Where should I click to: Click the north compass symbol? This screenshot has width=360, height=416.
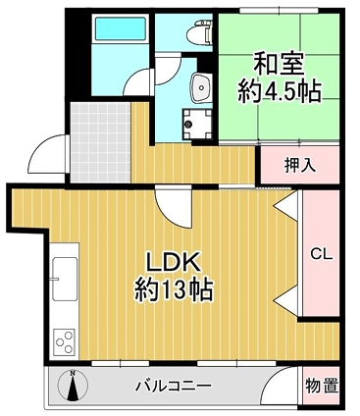click(73, 387)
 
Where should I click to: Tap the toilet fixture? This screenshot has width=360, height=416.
click(200, 31)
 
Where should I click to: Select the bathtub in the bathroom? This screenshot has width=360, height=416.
click(120, 28)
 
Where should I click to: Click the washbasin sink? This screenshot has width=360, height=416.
click(201, 87)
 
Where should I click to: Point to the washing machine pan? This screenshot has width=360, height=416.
click(197, 125)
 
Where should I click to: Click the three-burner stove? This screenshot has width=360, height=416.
click(65, 341)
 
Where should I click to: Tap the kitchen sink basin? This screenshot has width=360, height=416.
click(65, 279)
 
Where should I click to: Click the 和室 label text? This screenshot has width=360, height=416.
click(279, 65)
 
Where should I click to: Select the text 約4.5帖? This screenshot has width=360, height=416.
click(279, 91)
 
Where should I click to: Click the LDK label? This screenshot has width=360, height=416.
click(173, 263)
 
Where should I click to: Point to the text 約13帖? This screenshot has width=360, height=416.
click(174, 289)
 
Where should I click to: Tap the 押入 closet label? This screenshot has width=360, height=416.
click(300, 165)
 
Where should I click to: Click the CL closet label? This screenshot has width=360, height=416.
click(321, 254)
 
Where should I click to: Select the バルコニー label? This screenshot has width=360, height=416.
click(174, 386)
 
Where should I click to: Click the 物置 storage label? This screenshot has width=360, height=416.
click(321, 387)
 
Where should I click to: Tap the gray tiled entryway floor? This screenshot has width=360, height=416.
click(100, 142)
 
